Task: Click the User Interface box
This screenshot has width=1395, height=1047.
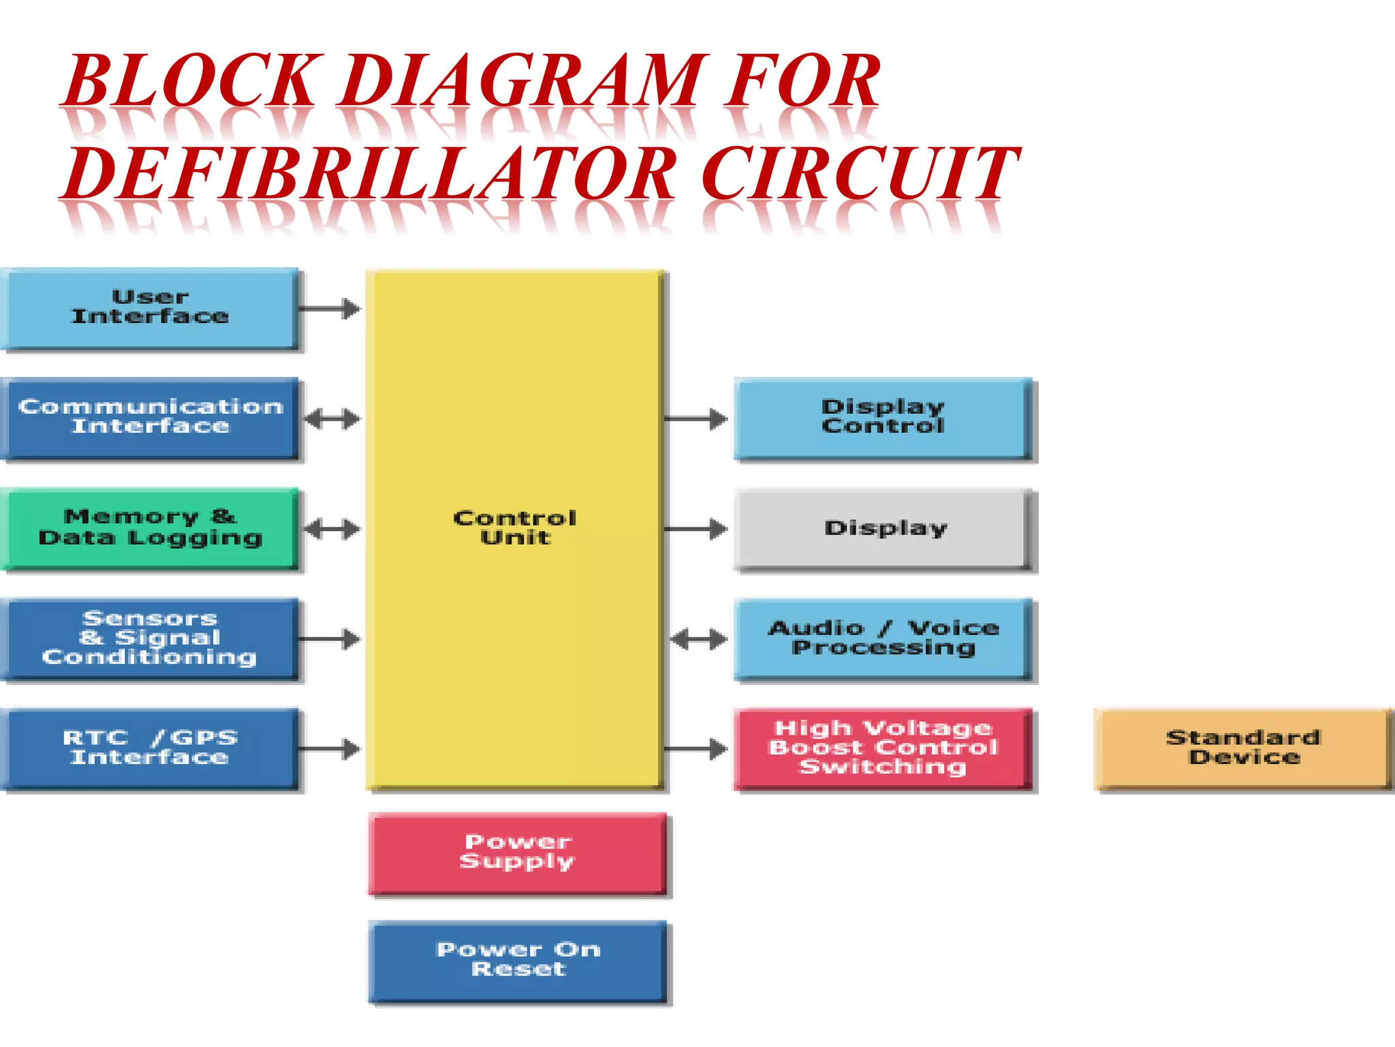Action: point(150,308)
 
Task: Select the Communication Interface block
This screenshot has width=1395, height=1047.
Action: point(150,417)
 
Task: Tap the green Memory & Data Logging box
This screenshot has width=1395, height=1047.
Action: point(150,528)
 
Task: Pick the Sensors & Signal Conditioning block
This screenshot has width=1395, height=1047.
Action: point(150,639)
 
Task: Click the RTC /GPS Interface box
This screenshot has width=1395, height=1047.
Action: point(150,748)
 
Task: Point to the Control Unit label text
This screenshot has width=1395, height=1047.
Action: point(515,528)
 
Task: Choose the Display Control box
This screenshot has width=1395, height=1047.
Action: point(883,417)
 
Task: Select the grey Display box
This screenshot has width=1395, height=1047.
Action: point(883,528)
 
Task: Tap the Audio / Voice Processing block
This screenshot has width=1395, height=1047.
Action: point(883,639)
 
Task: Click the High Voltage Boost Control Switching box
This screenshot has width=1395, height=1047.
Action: point(883,748)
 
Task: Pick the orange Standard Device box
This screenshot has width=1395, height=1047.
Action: point(1242,748)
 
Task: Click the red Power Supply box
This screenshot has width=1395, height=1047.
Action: point(518,852)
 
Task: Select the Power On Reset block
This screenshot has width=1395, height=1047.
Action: point(518,960)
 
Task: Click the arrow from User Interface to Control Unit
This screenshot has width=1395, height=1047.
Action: point(330,309)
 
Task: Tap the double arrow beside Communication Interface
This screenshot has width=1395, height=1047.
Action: point(332,419)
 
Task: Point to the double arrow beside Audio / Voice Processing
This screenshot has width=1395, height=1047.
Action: point(699,639)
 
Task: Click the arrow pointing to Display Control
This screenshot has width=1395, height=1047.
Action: point(695,419)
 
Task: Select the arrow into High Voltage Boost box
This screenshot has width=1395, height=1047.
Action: point(695,749)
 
